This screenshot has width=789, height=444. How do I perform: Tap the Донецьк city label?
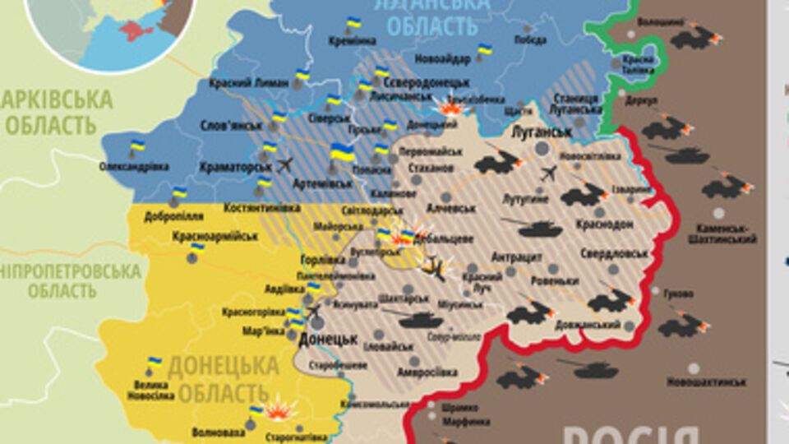click(x=327, y=338)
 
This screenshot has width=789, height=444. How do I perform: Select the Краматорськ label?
click(x=235, y=166)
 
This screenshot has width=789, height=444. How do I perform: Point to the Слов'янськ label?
click(x=231, y=127)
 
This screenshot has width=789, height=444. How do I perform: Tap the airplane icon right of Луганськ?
click(x=549, y=173)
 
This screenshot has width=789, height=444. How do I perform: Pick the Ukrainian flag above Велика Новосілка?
click(x=154, y=362)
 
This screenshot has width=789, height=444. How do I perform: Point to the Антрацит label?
click(x=517, y=257)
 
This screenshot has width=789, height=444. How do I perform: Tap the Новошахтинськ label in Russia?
click(x=706, y=382)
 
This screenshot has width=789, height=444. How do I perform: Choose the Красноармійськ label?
click(x=215, y=236)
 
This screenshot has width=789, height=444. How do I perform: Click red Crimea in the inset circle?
click(x=135, y=31)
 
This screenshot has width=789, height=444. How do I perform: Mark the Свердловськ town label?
click(x=614, y=253)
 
